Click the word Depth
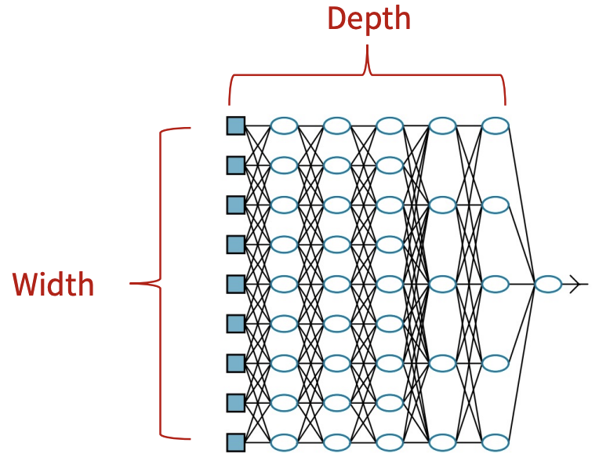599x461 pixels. point(368,19)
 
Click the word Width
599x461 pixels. point(53,285)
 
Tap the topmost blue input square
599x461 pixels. point(235,125)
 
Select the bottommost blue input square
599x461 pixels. point(235,442)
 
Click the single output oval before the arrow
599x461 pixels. point(548,284)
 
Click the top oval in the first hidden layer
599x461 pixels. point(284,125)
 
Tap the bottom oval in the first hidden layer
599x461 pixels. point(284,442)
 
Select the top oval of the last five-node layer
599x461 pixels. point(496,125)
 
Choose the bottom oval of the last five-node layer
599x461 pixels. point(496,442)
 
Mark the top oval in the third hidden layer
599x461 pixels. point(389,125)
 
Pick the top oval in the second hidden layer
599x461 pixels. point(336,125)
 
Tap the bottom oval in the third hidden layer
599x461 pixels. point(389,442)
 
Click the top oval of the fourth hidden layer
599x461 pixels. point(442,125)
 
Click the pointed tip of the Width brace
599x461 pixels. point(133,284)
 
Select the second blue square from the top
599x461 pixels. point(235,165)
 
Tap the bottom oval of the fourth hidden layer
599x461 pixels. point(442,442)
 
